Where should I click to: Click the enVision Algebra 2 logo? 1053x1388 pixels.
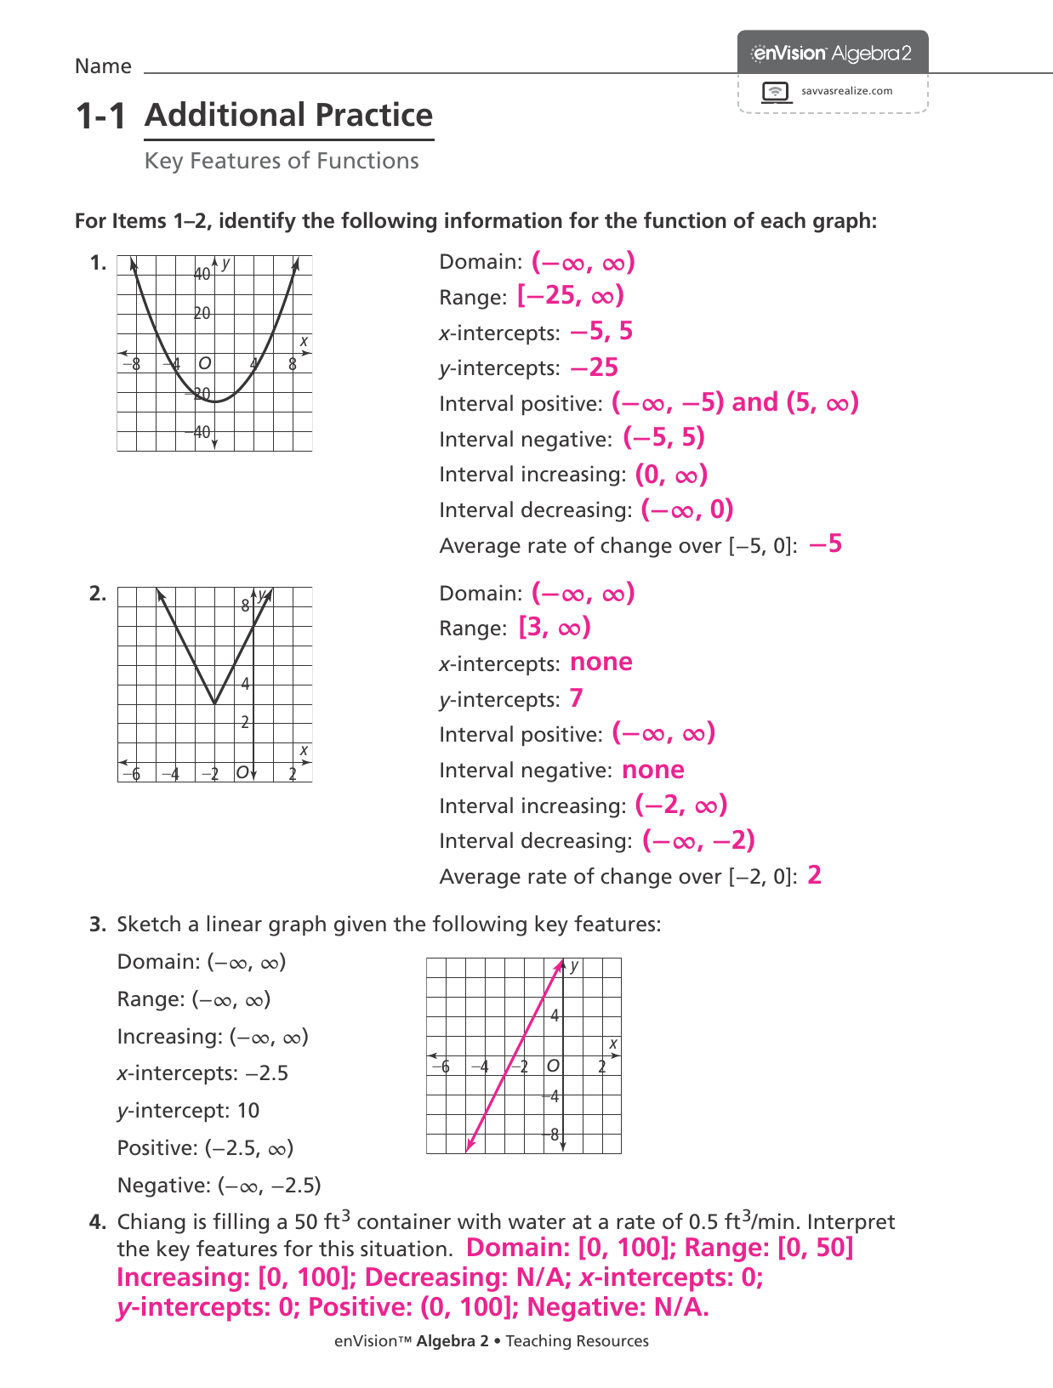coord(832,54)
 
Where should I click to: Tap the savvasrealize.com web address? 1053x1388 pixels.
coord(846,91)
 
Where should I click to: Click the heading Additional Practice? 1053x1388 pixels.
coord(289,115)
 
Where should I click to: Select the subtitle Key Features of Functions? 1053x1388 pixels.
coord(282,161)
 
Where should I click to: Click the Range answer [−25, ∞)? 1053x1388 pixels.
coord(571,296)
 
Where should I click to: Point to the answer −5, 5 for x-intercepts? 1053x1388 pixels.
coord(601,332)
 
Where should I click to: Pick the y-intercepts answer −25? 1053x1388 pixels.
coord(594,367)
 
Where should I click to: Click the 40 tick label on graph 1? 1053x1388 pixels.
coord(202,274)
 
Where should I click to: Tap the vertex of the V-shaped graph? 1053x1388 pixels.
coord(214,703)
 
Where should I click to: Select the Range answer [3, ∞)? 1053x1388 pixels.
coord(555,628)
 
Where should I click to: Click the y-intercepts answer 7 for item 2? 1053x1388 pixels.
coord(577,698)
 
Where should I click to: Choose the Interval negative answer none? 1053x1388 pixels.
coord(653,770)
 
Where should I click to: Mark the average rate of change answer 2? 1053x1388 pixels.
coord(815,875)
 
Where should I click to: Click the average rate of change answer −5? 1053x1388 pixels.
coord(825,544)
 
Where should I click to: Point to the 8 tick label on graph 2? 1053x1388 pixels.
coord(245,606)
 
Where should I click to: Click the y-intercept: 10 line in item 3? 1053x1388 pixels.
coord(188,1110)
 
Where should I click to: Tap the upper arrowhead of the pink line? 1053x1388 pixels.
coord(561,964)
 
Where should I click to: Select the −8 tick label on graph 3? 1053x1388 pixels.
coord(553,1135)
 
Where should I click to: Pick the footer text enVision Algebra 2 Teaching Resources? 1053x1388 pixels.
coord(491,1341)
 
